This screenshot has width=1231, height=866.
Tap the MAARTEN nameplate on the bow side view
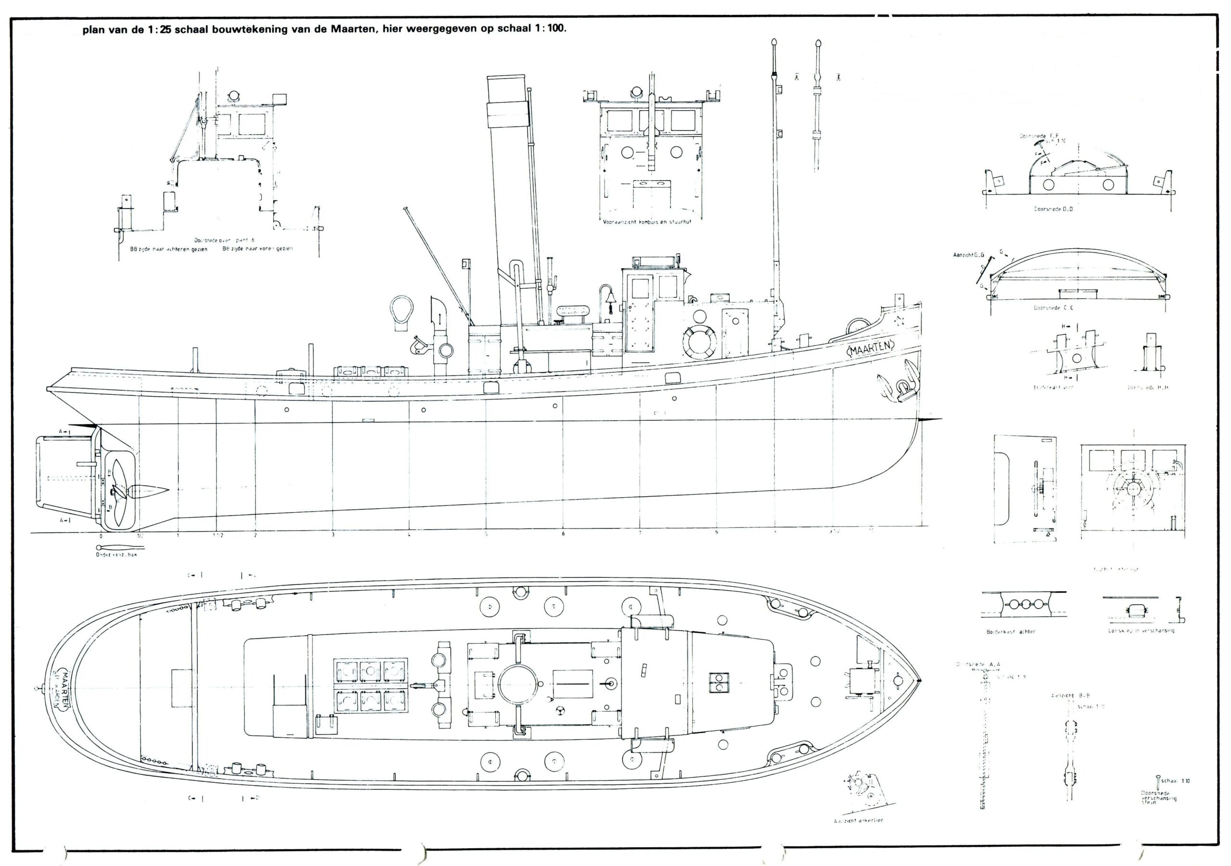pos(870,348)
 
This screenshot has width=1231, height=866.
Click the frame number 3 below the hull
pos(333,535)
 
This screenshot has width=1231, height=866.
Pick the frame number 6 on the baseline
pos(563,534)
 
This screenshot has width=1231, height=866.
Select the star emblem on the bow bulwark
pos(899,321)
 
